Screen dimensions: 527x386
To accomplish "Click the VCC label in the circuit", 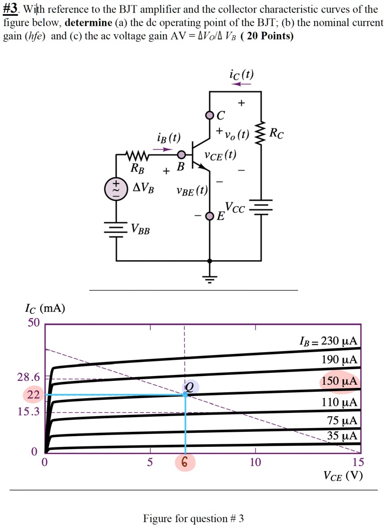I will [235, 207].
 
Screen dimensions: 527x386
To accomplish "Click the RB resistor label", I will [138, 168].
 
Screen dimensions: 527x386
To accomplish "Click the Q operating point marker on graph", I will [189, 386].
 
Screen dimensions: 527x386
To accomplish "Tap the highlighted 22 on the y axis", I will [34, 395].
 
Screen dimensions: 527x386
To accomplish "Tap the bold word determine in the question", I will [88, 24].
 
